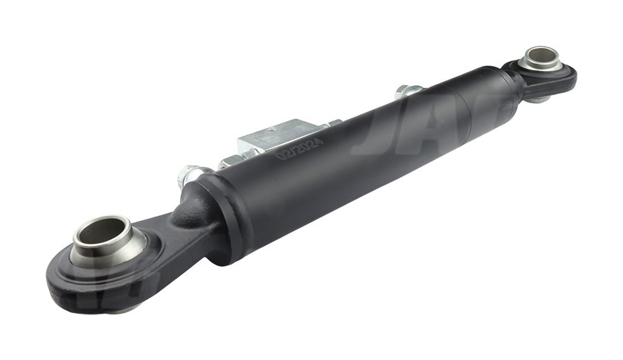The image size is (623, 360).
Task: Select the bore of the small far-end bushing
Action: (x=541, y=56)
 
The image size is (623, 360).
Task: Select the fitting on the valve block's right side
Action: (x=332, y=125)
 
